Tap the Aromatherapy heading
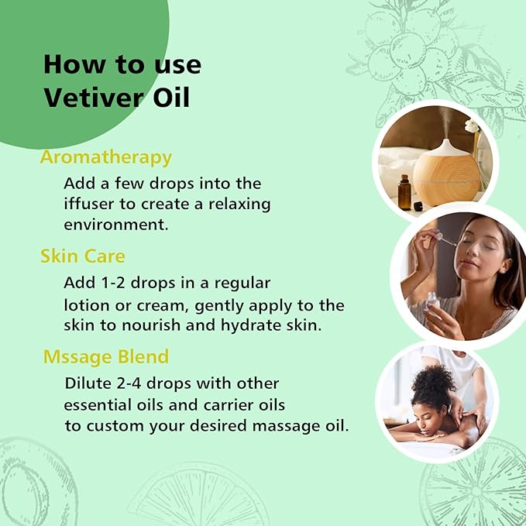[105, 157]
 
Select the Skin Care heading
[83, 256]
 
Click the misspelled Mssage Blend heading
[106, 357]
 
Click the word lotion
[87, 304]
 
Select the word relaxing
[237, 204]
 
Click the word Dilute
[88, 383]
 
